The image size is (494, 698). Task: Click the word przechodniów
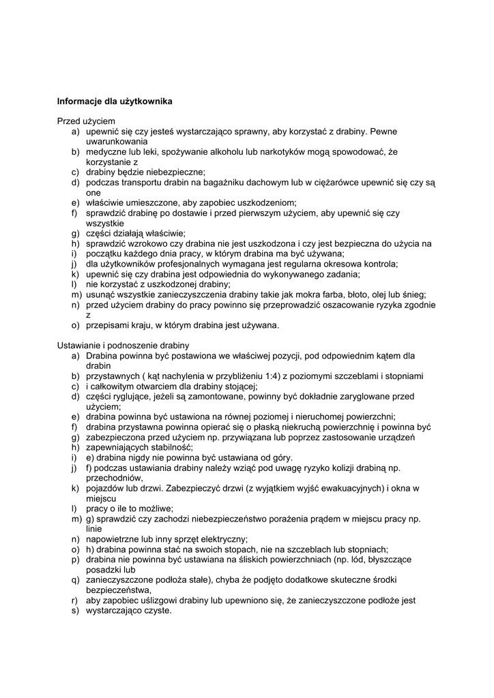[x=114, y=478]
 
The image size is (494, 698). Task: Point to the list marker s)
[x=74, y=611]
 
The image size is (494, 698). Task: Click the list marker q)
[x=74, y=579]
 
